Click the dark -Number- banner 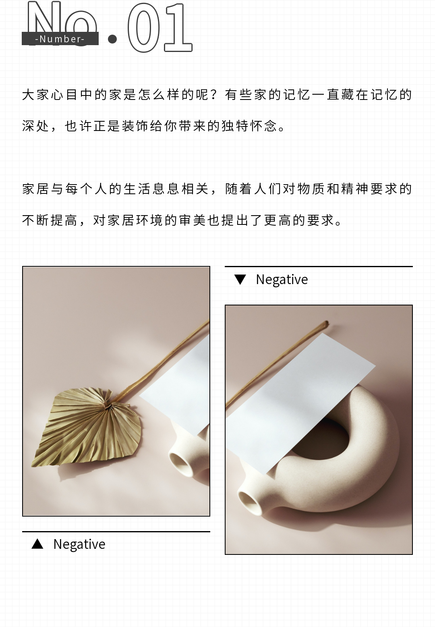pos(60,39)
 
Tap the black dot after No pos(112,39)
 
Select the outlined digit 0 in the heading pos(143,27)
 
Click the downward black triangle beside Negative pos(240,280)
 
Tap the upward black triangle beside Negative pos(37,544)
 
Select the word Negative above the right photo pos(282,280)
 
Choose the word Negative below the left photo pos(79,544)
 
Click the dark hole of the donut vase pos(322,440)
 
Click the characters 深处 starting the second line pos(36,126)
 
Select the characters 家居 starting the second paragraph pos(36,189)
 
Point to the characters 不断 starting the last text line pos(36,220)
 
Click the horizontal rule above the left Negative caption pos(116,531)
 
